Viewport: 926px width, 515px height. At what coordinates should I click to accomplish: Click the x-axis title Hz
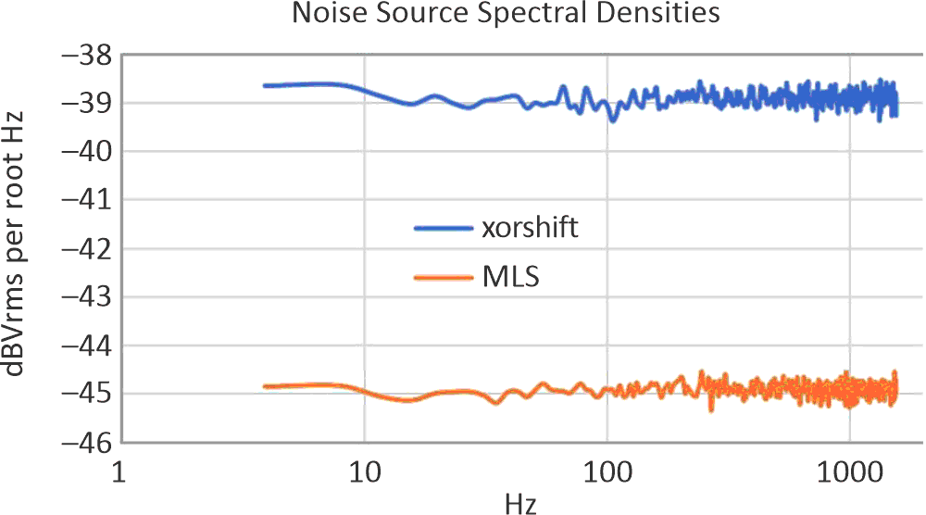pyautogui.click(x=519, y=503)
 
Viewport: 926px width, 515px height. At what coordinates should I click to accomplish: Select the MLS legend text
pyautogui.click(x=511, y=277)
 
